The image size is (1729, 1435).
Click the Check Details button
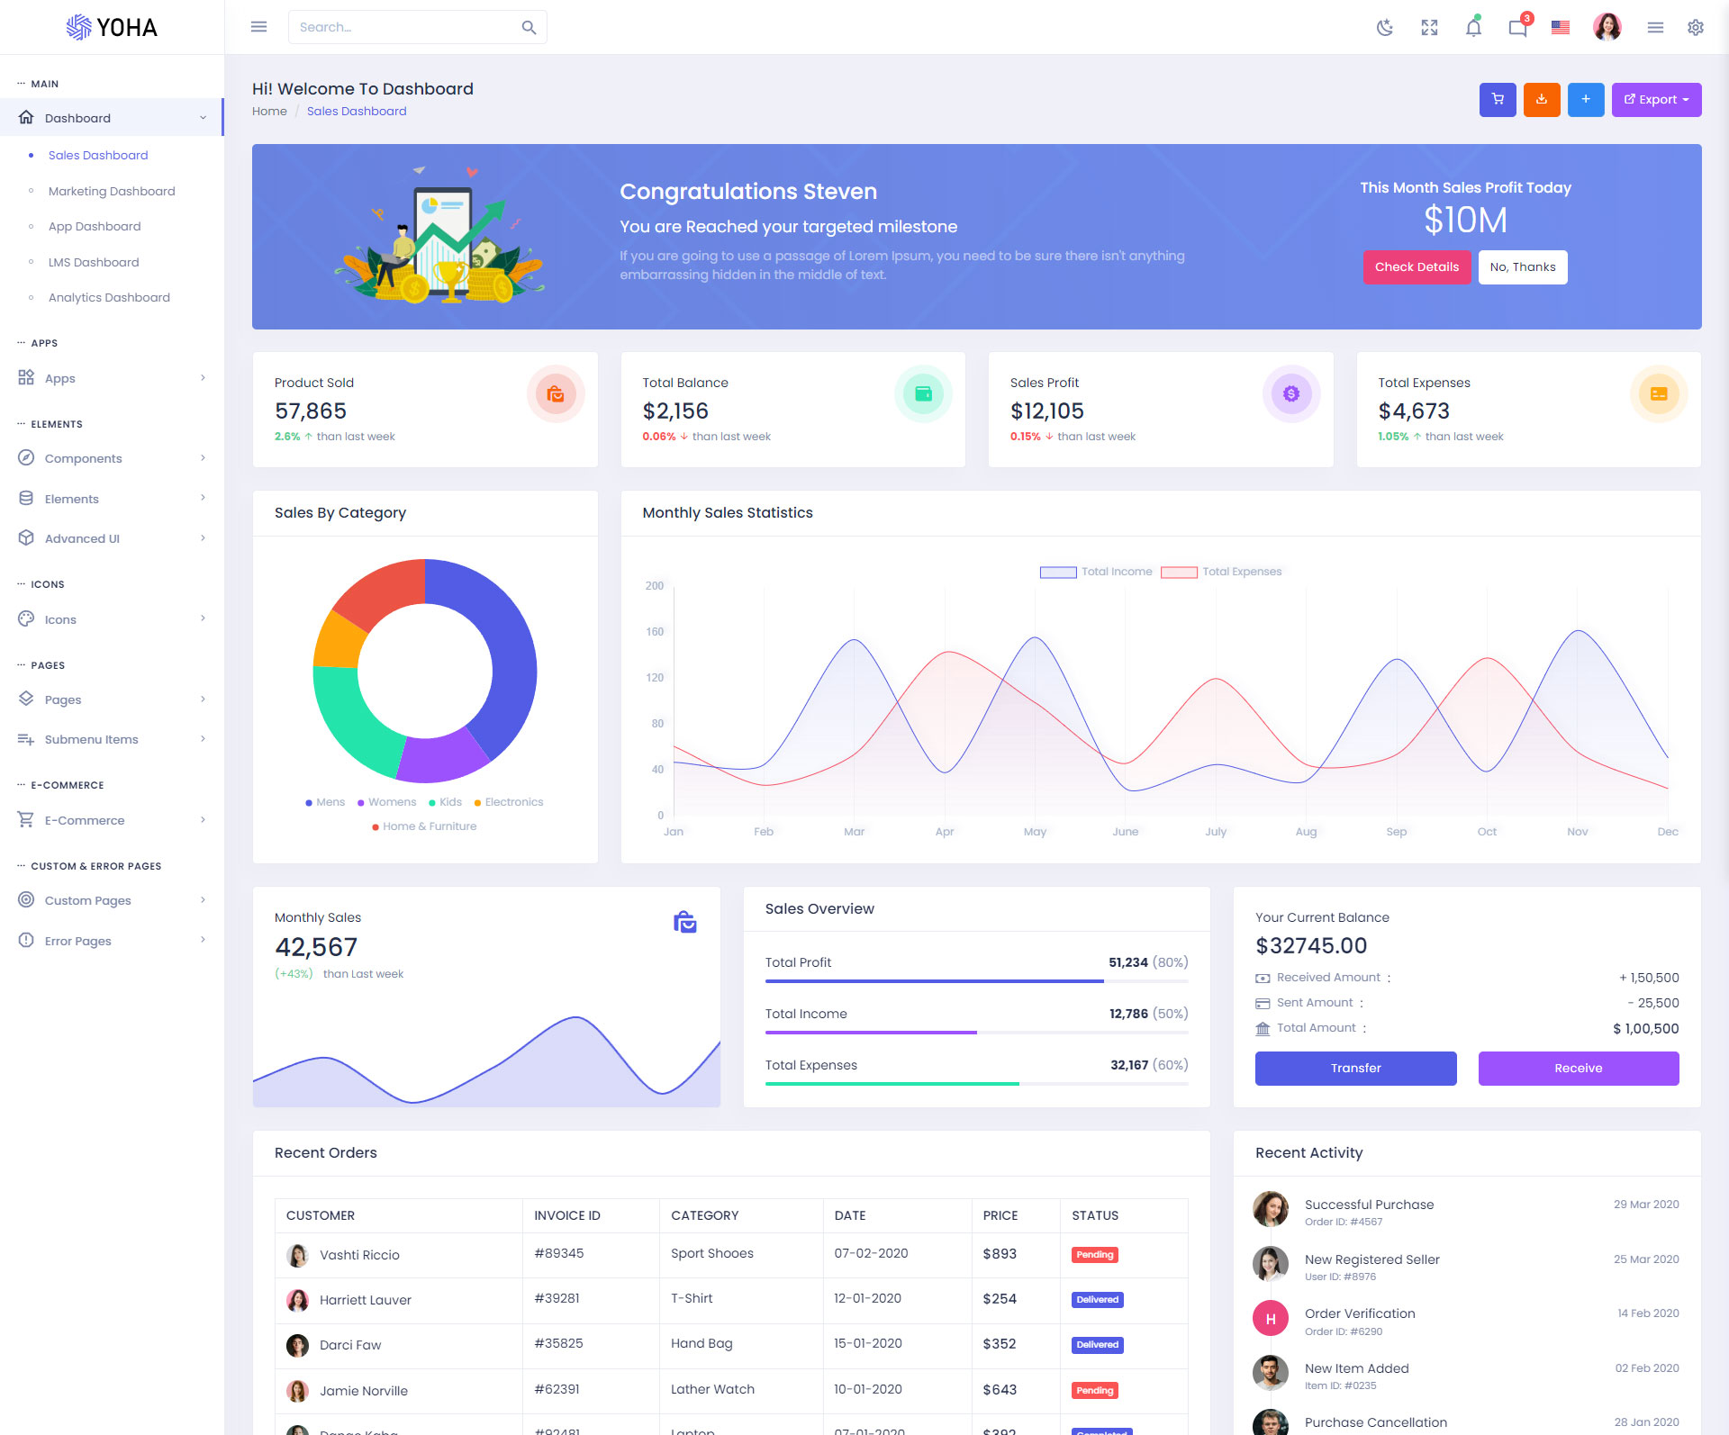click(1417, 267)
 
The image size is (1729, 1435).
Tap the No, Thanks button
click(1522, 267)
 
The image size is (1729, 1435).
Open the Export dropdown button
click(1656, 100)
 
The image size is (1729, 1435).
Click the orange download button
click(1541, 100)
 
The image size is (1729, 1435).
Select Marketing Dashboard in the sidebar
click(112, 191)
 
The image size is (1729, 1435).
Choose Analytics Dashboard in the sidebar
click(109, 297)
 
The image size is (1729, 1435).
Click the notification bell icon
click(1473, 28)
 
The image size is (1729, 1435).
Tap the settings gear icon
click(1695, 28)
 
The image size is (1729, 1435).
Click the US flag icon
click(1561, 28)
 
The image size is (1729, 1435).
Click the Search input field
click(405, 28)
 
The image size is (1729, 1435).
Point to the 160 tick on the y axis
click(655, 632)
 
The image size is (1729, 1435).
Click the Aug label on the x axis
click(1306, 832)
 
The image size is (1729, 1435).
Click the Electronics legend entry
click(513, 802)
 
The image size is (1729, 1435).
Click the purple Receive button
click(1578, 1069)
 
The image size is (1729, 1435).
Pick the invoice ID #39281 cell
click(557, 1298)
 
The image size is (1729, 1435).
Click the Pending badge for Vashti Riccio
click(1094, 1255)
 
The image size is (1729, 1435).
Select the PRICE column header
click(1000, 1215)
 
